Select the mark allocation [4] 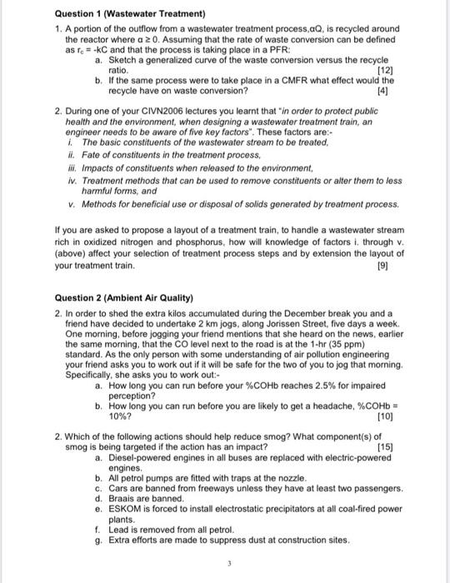(x=383, y=90)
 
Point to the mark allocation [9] (x=383, y=266)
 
